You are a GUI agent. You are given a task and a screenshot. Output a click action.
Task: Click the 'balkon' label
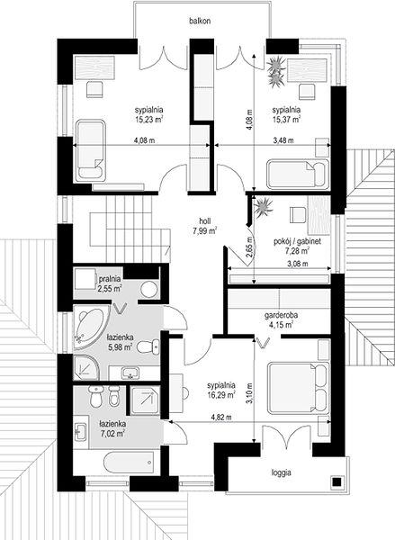200,21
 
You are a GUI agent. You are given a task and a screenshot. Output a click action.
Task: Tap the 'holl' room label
204,221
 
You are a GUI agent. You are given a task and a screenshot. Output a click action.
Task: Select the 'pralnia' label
110,278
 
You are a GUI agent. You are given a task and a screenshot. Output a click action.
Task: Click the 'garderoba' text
281,315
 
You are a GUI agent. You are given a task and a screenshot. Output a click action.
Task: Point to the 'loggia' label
282,472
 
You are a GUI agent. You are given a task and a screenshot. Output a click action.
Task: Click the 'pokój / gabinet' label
297,241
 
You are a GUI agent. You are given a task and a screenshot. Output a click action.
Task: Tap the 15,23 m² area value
148,120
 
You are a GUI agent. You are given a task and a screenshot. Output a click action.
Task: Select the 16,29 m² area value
221,395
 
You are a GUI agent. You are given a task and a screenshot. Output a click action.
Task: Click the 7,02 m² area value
112,434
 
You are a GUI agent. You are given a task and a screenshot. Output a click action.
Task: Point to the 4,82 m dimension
221,417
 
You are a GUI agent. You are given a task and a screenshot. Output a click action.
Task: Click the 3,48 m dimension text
283,140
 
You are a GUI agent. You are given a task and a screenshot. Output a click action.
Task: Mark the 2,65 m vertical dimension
249,247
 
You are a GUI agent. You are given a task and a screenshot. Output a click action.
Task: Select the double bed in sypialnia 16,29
298,387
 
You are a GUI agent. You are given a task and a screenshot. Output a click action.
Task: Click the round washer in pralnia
149,290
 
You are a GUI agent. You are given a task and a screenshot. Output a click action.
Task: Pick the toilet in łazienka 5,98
148,346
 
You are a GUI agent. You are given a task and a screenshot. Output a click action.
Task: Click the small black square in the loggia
337,481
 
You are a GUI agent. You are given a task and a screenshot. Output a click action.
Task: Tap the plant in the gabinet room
263,207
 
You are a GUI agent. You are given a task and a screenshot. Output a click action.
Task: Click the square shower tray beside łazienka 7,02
145,400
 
